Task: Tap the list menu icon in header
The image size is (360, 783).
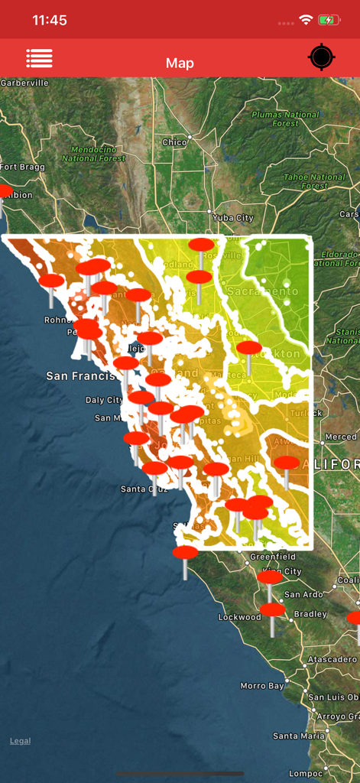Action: (x=39, y=58)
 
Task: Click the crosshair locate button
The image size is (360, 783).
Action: (x=321, y=58)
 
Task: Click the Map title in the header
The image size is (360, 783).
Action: (x=180, y=63)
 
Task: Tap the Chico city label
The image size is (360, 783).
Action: (x=174, y=142)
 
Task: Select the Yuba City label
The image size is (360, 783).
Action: (x=233, y=218)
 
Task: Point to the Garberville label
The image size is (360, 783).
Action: (x=24, y=83)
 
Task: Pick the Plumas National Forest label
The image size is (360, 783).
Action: (x=285, y=119)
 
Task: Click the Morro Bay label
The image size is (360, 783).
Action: (x=263, y=686)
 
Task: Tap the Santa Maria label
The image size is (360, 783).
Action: (x=298, y=736)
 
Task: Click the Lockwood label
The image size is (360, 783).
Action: (x=239, y=617)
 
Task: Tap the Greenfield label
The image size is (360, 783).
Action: (x=273, y=557)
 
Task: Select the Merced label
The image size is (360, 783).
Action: (x=340, y=437)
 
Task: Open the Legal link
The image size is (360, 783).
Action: (x=21, y=741)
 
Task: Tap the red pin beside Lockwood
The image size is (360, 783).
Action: (x=272, y=610)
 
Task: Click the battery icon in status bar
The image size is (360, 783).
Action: (x=329, y=21)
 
